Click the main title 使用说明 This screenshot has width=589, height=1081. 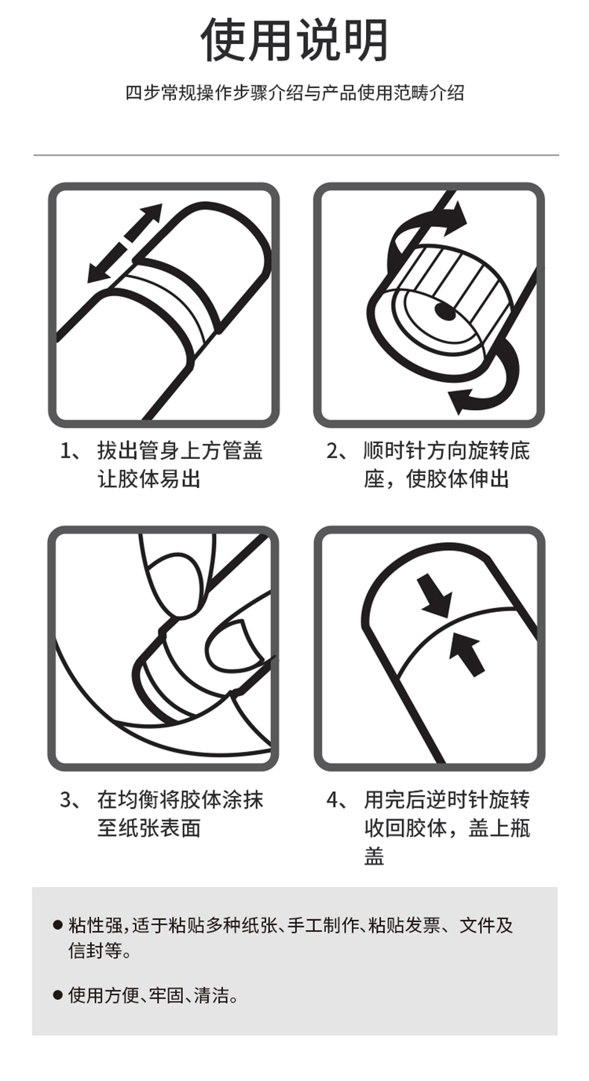[x=294, y=41]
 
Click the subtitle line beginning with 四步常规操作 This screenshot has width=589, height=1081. [x=294, y=93]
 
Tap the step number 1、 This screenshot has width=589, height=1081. [x=71, y=451]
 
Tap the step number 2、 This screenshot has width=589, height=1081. [x=337, y=451]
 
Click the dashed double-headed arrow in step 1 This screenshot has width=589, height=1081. [x=124, y=243]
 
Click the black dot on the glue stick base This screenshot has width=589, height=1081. [x=444, y=312]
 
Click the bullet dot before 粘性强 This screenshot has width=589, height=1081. [x=58, y=925]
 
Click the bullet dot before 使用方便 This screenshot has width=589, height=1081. [x=58, y=995]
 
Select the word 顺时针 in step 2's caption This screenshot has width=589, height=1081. [x=393, y=451]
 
